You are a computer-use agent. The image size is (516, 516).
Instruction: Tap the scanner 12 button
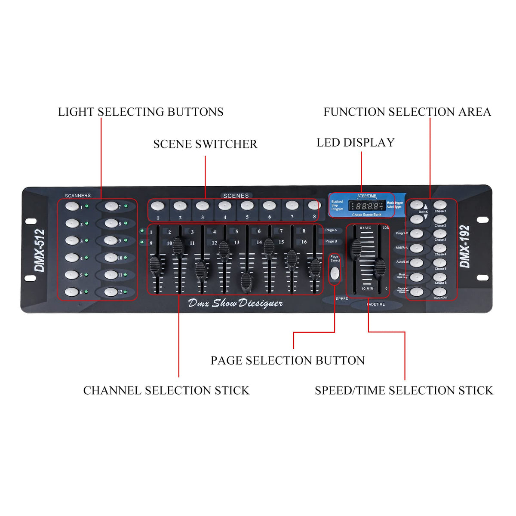(111, 292)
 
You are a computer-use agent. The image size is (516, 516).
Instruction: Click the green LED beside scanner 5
(86, 275)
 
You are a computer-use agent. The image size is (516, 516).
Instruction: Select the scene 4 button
(224, 206)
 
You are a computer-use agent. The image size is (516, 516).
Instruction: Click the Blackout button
(439, 292)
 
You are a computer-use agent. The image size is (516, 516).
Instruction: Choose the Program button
(416, 233)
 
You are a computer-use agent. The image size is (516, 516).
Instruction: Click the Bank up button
(416, 205)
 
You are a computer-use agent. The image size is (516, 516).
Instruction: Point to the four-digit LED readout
(366, 206)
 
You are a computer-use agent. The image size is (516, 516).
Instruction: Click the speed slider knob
(356, 249)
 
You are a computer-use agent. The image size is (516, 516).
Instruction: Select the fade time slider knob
(380, 268)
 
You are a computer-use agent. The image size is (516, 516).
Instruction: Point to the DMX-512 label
(40, 250)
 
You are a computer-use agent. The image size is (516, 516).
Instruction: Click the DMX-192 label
(465, 246)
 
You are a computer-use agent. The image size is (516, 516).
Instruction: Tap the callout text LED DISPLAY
(355, 143)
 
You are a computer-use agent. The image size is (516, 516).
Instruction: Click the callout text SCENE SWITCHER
(205, 144)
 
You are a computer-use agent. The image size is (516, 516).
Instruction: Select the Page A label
(331, 230)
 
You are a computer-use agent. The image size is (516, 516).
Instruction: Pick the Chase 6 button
(439, 277)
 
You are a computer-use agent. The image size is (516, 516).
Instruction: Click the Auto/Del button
(416, 262)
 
